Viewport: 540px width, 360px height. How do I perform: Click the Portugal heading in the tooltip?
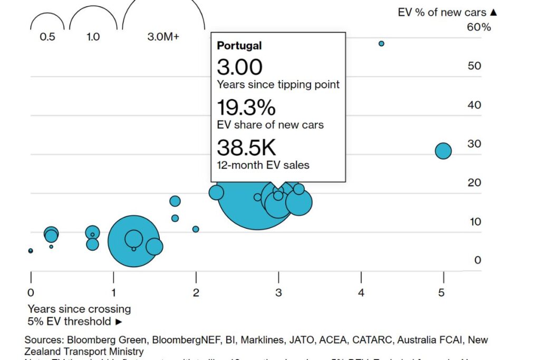(239, 46)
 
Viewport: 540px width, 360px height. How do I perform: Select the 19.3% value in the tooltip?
(246, 108)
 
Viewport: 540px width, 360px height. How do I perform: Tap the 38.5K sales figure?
(246, 148)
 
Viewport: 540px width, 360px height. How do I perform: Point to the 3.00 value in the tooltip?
(239, 67)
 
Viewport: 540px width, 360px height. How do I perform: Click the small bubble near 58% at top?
(381, 44)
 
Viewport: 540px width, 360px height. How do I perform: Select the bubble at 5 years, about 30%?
(443, 151)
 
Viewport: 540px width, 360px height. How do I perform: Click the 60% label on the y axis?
(479, 27)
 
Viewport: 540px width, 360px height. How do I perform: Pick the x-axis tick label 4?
(361, 293)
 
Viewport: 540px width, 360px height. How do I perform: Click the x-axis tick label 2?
(196, 293)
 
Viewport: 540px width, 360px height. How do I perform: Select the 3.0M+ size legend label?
(163, 37)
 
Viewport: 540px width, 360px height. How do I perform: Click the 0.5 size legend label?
(47, 37)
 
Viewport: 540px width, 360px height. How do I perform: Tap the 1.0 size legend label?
(93, 37)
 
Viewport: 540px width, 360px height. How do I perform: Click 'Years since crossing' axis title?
(79, 309)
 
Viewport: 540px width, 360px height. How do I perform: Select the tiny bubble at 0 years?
(31, 251)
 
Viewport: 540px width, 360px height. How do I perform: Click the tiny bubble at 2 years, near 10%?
(196, 229)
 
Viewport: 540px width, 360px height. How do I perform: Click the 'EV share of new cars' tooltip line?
(270, 125)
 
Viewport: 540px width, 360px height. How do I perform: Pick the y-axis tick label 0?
(477, 260)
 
